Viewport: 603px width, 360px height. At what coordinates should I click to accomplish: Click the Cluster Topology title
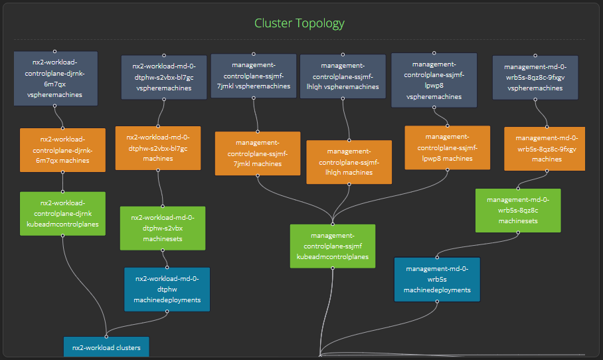pos(300,23)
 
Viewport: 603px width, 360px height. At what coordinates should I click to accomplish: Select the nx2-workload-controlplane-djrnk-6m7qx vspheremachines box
pos(55,78)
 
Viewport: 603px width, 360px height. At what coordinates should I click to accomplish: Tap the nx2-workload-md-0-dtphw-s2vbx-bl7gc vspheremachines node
pos(163,77)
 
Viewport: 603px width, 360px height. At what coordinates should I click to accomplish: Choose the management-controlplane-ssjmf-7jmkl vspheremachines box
pos(253,76)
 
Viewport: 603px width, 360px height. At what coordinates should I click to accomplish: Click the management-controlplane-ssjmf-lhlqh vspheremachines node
pos(343,76)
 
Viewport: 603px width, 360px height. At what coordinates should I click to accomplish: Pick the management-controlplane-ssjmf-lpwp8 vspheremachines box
pos(434,80)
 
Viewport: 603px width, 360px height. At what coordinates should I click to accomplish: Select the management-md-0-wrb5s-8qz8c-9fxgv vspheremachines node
pos(535,77)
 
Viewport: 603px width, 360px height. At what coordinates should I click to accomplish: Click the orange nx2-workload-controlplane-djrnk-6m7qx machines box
pos(62,150)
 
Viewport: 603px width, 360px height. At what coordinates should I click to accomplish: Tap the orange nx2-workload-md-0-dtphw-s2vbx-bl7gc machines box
pos(158,148)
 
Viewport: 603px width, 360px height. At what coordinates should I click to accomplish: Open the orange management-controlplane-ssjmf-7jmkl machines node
pos(258,153)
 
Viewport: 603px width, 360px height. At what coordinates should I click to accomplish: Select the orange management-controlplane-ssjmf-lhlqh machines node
pos(349,162)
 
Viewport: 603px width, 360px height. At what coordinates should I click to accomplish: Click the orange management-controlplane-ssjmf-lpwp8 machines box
pos(447,147)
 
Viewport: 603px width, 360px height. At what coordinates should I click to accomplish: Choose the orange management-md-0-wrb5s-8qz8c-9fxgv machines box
pos(544,149)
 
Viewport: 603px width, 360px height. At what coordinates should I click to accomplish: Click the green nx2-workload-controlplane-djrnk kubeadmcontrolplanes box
pos(62,213)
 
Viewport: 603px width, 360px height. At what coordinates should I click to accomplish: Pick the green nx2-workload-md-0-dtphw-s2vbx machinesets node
pos(163,228)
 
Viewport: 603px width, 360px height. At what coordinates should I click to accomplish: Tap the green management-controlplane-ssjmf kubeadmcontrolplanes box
pos(332,246)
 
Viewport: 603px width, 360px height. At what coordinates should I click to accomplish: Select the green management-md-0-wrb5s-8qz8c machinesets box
pos(517,211)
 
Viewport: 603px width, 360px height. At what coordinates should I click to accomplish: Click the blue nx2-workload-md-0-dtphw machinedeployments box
pos(167,289)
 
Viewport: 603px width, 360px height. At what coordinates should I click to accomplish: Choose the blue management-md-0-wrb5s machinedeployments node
pos(436,279)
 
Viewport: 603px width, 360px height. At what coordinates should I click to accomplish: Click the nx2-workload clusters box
pos(106,347)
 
